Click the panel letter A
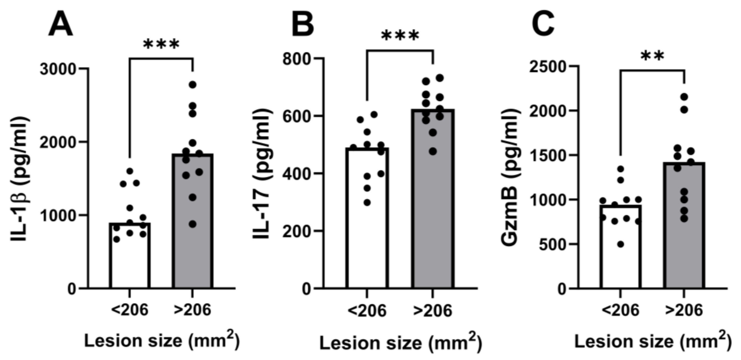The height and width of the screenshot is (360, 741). [x=60, y=25]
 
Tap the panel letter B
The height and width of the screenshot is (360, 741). [x=303, y=25]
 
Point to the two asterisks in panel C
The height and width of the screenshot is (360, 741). [x=653, y=57]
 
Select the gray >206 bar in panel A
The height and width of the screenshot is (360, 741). [x=192, y=244]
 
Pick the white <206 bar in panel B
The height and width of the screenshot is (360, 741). [x=367, y=230]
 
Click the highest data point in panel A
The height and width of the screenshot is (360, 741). [x=192, y=85]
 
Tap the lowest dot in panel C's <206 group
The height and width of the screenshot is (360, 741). [x=621, y=244]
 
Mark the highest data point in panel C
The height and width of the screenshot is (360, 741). [x=684, y=97]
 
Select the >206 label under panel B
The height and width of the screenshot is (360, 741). [x=432, y=311]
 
